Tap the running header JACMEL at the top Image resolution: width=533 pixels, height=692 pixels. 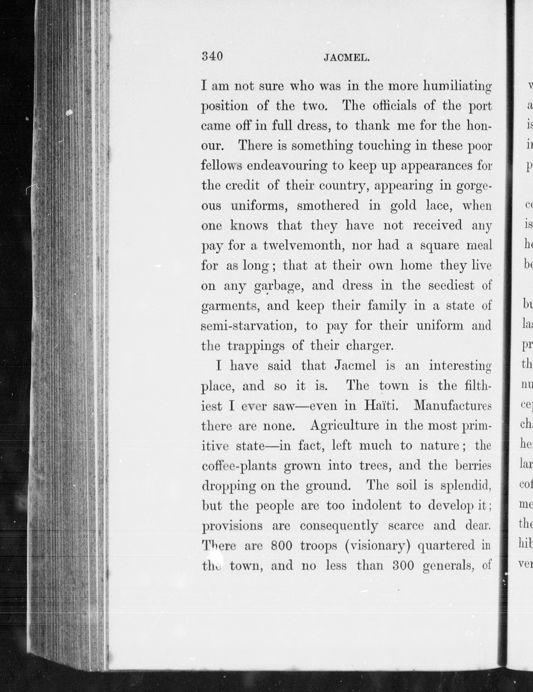pos(346,58)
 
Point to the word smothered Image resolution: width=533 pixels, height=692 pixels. pos(328,206)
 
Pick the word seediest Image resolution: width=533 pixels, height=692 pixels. pos(451,286)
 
